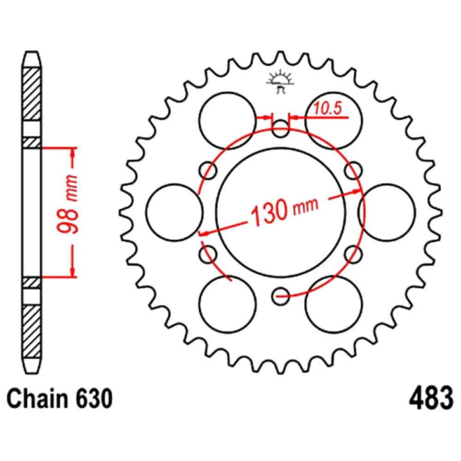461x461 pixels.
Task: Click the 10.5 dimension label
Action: [327, 108]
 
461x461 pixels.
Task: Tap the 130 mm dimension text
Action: [284, 210]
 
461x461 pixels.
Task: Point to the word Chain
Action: [38, 398]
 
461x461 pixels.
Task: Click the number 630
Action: [94, 398]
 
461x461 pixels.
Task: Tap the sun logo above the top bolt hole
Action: [280, 82]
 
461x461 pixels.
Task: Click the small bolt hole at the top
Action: [280, 129]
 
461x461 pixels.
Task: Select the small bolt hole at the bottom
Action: [280, 296]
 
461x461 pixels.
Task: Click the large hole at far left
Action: [174, 213]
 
